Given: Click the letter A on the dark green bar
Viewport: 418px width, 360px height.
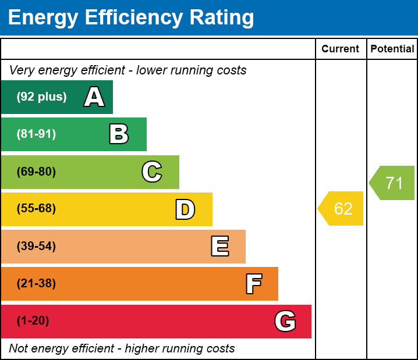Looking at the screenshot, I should click(94, 97).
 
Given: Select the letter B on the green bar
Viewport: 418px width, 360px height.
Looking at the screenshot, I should click(119, 134).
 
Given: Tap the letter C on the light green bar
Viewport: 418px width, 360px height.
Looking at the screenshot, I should click(151, 172).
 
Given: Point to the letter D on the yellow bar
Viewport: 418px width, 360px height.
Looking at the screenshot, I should click(185, 209).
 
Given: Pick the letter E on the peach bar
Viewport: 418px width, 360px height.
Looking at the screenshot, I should click(219, 247).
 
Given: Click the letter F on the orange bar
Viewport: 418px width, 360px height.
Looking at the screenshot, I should click(253, 284).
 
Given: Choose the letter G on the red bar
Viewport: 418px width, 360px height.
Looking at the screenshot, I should click(285, 321).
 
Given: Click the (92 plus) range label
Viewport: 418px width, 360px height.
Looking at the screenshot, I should click(41, 97).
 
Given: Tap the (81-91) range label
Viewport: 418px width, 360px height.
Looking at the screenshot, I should click(36, 134).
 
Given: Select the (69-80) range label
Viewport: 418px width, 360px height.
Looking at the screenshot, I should click(36, 172).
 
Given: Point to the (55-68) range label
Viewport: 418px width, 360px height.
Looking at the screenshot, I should click(36, 209).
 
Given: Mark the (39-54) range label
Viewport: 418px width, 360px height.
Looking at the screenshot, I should click(36, 247).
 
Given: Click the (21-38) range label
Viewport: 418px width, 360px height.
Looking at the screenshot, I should click(36, 284).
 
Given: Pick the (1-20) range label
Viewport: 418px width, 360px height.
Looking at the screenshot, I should click(33, 321).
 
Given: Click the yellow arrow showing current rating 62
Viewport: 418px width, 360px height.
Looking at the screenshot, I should click(342, 208).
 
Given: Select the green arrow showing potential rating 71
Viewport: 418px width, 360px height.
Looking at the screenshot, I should click(393, 183).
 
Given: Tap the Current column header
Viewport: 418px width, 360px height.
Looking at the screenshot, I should click(341, 49).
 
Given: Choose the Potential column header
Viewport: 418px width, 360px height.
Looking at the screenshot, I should click(392, 49).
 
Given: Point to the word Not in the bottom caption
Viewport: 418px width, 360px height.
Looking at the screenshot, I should click(19, 349).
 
